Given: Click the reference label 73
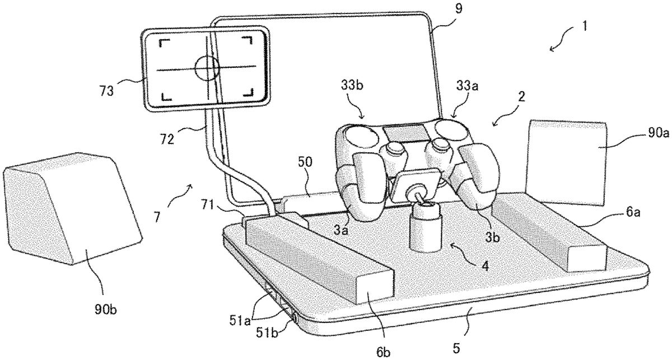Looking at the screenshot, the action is click(x=107, y=91).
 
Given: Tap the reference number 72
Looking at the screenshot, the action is click(x=167, y=139).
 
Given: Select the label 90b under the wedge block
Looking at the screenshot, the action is click(x=106, y=310).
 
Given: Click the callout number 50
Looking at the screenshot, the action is click(x=305, y=162).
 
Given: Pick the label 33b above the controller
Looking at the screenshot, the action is click(x=352, y=85).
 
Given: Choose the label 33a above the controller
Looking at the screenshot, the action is click(x=467, y=86).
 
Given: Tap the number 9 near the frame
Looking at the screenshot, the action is click(x=459, y=8).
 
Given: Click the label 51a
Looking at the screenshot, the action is click(x=240, y=321).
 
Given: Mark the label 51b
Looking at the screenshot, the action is click(x=267, y=333).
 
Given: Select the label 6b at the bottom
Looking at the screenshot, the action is click(x=383, y=352).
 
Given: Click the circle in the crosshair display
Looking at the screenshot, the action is click(x=207, y=68).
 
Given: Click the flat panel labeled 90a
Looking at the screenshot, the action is click(x=566, y=162).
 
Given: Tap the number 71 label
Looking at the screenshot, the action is click(x=208, y=205).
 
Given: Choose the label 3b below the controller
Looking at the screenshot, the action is click(x=493, y=237).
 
